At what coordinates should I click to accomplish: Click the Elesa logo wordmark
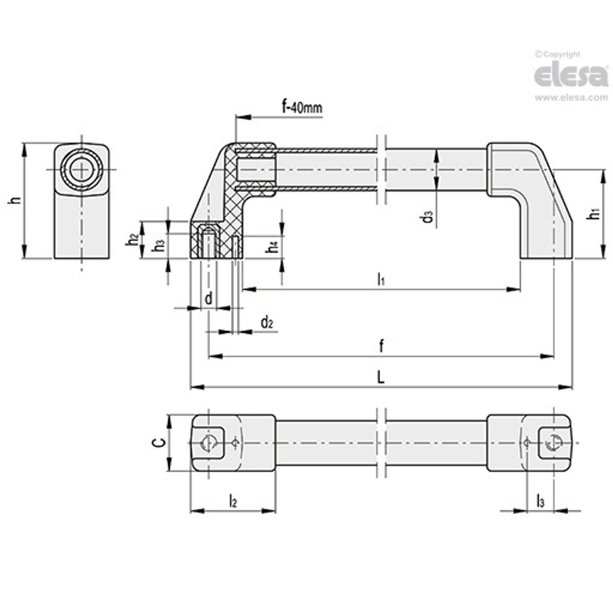(571, 76)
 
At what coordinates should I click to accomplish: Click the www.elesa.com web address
(571, 98)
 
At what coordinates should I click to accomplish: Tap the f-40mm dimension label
(301, 107)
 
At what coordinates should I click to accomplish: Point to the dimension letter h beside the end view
(17, 200)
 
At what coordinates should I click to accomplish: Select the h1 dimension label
(596, 214)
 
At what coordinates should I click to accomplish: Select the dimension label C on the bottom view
(159, 443)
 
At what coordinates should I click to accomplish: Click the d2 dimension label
(267, 322)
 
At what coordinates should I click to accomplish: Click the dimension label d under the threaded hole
(208, 298)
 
